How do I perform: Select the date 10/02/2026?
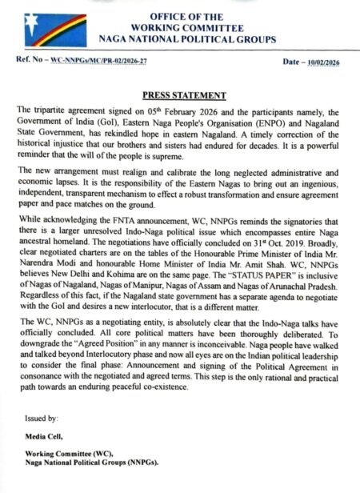[x=325, y=62]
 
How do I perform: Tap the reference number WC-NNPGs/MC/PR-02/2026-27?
[x=100, y=62]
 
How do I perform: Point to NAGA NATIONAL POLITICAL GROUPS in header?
[x=186, y=38]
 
